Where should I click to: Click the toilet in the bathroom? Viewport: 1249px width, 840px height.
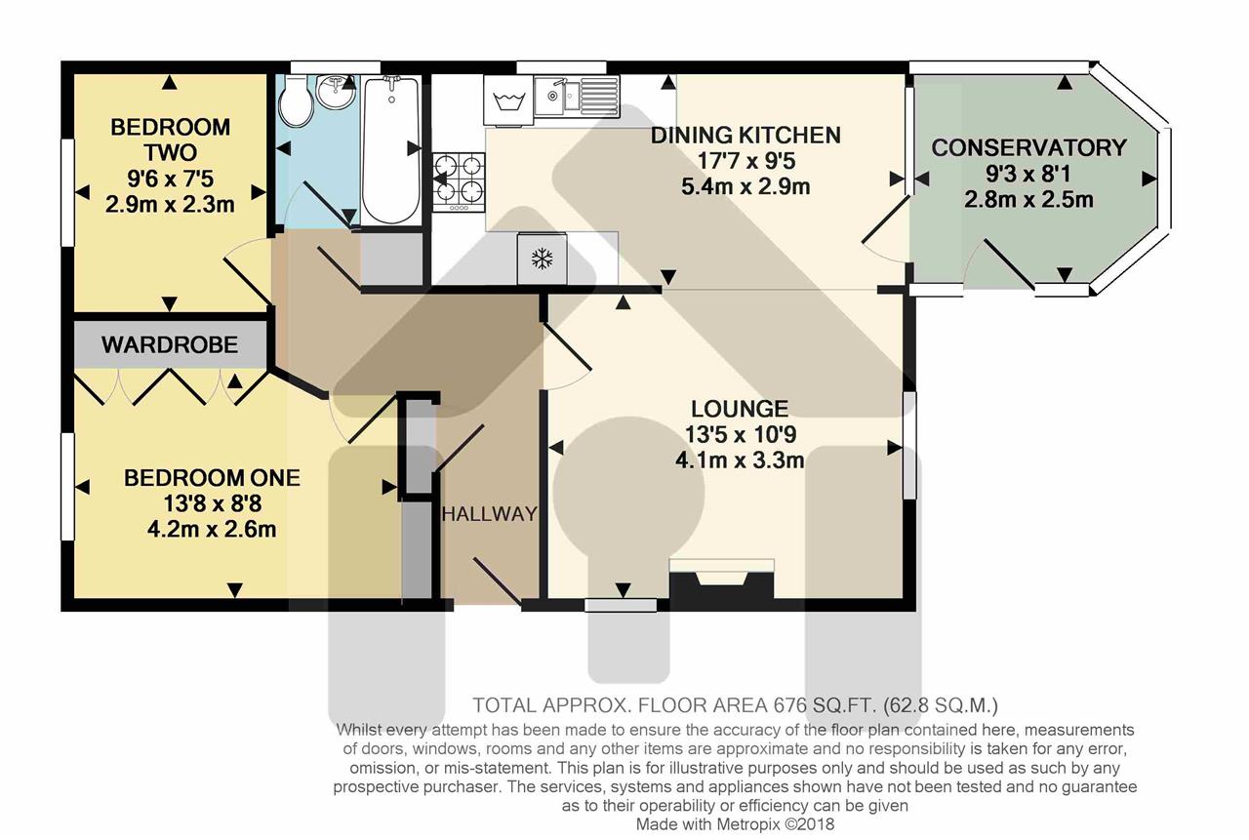296,102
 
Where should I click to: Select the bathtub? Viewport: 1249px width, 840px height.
391,150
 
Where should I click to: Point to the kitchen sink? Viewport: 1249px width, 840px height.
577,96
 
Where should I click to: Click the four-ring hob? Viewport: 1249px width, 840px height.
459,182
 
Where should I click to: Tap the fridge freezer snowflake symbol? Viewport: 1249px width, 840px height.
542,259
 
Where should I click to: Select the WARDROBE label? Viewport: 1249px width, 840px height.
170,345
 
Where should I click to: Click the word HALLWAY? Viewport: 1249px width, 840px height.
490,513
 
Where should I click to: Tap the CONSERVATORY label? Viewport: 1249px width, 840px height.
1028,147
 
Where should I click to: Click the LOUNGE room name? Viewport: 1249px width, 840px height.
740,409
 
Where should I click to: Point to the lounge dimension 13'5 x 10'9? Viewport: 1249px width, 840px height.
740,435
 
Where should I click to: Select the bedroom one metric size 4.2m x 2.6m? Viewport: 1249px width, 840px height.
212,529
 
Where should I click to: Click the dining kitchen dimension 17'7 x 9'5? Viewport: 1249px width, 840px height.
746,161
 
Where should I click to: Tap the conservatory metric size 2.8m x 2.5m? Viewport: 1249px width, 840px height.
1028,200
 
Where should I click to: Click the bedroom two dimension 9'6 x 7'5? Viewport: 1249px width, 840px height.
170,179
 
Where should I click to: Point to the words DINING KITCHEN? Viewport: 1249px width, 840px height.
746,136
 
